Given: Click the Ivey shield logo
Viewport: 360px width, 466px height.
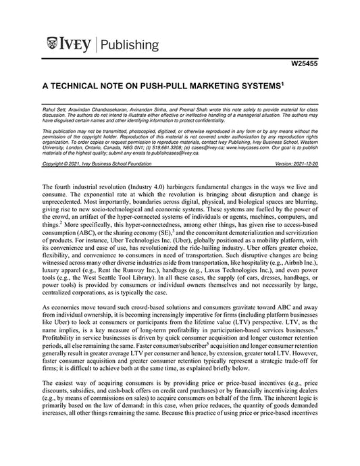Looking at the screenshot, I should (x=55, y=45).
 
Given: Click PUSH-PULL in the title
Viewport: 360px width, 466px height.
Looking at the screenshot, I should (x=180, y=88).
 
